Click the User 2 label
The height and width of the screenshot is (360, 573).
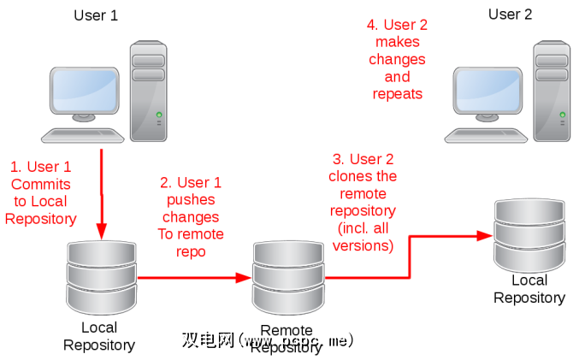511,14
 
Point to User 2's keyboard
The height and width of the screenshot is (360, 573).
485,133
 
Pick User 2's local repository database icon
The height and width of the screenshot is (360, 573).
529,233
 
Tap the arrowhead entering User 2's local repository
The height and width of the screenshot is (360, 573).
485,233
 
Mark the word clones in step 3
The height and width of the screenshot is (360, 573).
363,176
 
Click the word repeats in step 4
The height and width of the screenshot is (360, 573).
398,93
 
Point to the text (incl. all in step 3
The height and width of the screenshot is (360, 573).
363,228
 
